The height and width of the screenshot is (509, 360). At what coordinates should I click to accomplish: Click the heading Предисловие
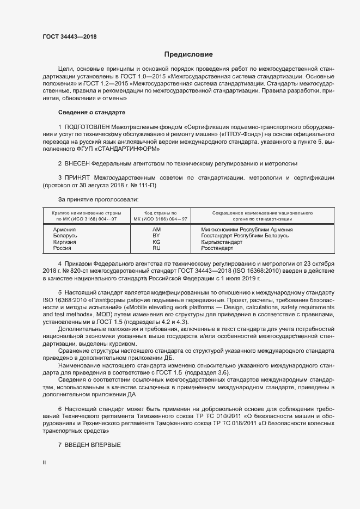189,54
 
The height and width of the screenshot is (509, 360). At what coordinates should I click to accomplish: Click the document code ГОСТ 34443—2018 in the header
69,36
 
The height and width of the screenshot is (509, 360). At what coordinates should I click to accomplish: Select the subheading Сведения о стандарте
91,113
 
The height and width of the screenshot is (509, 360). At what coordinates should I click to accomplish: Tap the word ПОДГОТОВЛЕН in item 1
93,126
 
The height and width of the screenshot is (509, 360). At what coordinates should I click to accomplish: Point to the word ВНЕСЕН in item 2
77,163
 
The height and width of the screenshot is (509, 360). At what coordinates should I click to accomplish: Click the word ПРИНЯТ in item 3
78,177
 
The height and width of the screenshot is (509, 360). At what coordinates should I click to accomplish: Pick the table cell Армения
64,230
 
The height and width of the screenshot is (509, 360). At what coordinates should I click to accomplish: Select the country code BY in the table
156,236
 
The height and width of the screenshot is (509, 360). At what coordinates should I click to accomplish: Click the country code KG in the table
156,242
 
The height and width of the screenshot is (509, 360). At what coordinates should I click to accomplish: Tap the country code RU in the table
156,248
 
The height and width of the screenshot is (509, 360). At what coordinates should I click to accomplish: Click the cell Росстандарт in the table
217,248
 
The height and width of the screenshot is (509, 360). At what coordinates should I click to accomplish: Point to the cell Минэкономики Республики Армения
247,230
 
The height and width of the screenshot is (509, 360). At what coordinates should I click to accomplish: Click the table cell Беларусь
65,236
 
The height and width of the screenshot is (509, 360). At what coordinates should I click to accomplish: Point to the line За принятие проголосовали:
91,200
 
